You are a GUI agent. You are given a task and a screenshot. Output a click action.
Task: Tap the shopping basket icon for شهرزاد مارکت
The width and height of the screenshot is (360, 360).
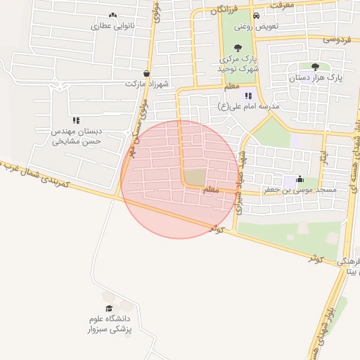pos(146,72)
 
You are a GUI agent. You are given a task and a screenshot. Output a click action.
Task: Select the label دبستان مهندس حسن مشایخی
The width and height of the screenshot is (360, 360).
pos(77,136)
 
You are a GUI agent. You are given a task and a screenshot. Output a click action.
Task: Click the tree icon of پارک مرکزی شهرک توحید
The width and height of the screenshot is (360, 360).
pos(237,48)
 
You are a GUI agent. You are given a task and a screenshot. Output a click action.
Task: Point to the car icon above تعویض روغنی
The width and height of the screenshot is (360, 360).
pos(256,15)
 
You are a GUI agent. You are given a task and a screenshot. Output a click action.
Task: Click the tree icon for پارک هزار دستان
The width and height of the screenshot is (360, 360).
pos(314,67)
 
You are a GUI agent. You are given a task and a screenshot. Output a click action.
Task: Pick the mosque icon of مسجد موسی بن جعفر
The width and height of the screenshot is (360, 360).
pos(300,179)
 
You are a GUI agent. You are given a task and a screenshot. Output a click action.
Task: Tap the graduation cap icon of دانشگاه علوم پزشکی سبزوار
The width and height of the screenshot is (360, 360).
pos(109,308)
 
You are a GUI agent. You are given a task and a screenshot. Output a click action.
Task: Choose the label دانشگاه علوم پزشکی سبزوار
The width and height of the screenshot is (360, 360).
pos(109,323)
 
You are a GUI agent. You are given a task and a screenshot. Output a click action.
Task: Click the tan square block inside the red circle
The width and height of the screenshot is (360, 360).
pos(196,176)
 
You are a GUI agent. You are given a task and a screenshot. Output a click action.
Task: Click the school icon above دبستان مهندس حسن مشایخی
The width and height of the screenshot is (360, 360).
pos(76,120)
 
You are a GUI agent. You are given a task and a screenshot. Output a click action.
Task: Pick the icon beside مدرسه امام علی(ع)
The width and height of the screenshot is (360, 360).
pos(247,96)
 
